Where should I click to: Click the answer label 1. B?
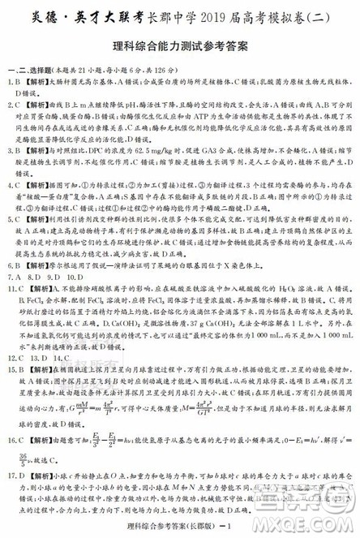[x=12, y=82]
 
